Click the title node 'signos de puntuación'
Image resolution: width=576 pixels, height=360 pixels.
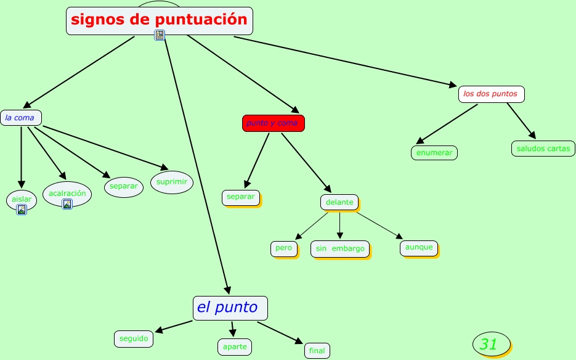[159, 20]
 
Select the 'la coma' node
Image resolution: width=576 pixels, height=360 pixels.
[20, 117]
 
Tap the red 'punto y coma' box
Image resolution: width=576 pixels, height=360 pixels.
[273, 123]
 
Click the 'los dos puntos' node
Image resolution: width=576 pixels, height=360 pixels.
[491, 94]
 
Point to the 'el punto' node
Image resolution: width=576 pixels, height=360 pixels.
[230, 308]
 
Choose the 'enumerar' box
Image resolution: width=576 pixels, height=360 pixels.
[434, 152]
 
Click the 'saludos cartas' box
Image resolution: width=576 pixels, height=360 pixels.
[543, 149]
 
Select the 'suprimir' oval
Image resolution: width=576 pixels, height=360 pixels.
[172, 182]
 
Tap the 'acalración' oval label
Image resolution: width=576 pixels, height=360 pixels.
[67, 193]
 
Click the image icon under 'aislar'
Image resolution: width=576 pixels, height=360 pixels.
[22, 210]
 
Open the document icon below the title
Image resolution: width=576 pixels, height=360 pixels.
[160, 35]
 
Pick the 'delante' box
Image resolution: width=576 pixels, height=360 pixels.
[339, 202]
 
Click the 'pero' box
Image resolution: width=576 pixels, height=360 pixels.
[283, 248]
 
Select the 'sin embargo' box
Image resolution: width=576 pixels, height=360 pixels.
[339, 249]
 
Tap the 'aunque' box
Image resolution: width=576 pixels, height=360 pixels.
[419, 248]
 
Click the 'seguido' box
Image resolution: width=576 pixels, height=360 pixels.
[133, 338]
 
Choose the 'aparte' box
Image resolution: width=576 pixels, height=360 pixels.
[235, 346]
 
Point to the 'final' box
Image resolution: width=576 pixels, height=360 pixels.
[317, 351]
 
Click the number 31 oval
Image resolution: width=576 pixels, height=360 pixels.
[491, 344]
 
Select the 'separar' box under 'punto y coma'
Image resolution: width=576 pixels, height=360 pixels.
[240, 197]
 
